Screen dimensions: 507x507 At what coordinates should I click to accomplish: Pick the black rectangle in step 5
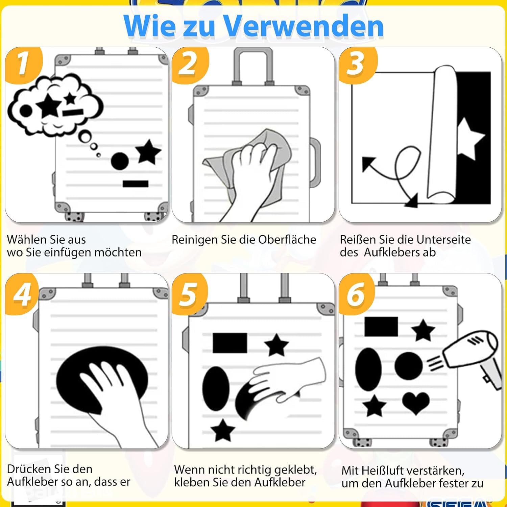coord(230,343)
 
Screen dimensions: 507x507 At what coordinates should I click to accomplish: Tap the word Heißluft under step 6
coord(381,470)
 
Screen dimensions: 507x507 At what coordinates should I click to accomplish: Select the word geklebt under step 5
coord(296,470)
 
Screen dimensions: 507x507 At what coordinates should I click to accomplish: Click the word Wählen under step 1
coord(27,240)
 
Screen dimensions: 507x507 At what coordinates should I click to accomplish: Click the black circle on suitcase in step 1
coord(120,161)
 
